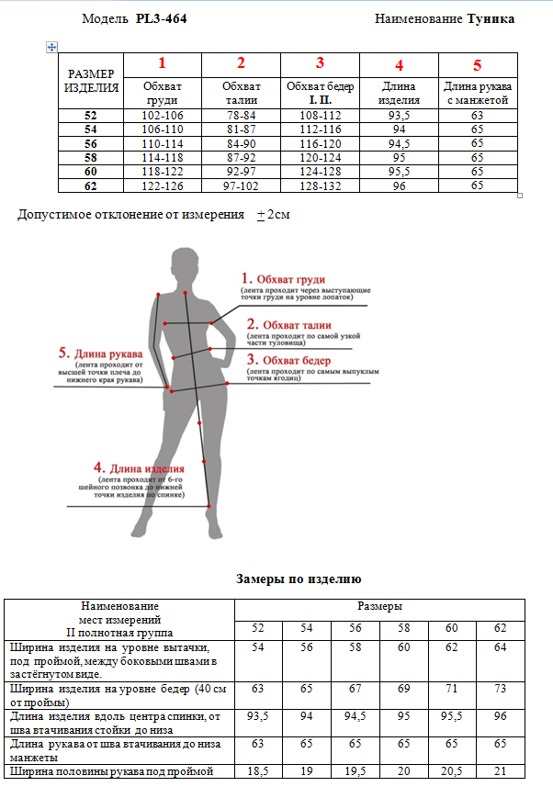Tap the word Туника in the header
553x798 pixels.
click(491, 18)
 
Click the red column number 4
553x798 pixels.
click(399, 65)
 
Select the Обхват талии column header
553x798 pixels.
click(241, 93)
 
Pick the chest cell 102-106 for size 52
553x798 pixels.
click(163, 116)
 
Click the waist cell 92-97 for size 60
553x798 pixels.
click(241, 171)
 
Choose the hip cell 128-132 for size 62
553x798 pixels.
click(320, 185)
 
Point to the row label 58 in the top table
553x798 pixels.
click(90, 157)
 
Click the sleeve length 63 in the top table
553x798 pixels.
click(477, 116)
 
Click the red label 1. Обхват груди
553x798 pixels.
click(283, 279)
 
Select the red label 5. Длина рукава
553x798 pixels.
click(100, 354)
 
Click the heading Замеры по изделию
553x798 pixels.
click(299, 579)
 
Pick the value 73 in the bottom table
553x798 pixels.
click(500, 688)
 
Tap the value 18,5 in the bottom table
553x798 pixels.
click(258, 770)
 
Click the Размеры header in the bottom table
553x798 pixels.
click(379, 606)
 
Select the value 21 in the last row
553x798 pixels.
click(500, 770)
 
